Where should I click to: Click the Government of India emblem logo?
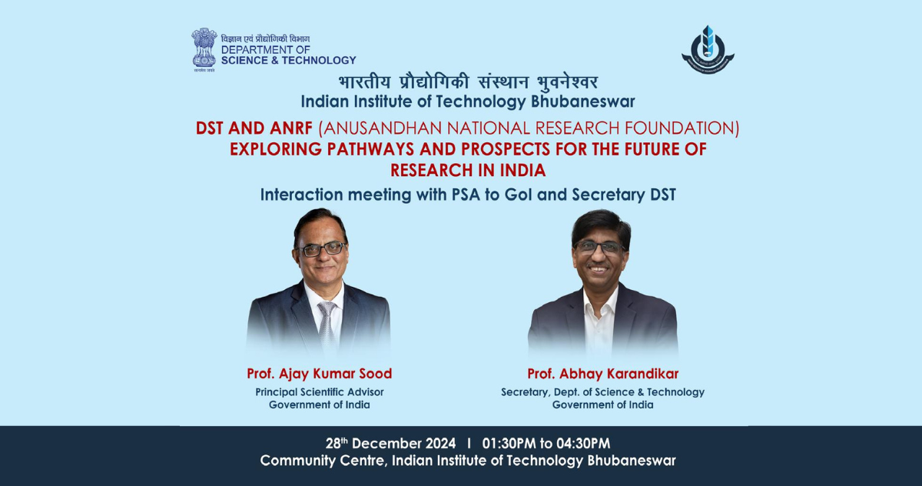point(204,49)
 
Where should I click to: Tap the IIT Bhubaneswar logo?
point(708,50)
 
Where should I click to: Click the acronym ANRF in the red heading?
point(287,128)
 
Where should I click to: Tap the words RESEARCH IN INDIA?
point(467,170)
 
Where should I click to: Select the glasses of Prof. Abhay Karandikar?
point(600,247)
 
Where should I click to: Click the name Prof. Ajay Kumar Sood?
point(319,374)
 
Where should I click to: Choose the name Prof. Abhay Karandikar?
point(602,374)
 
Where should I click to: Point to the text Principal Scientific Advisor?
point(319,391)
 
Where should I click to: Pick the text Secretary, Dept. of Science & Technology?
point(602,391)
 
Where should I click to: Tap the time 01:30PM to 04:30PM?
point(546,444)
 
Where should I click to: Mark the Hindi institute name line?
point(467,82)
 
